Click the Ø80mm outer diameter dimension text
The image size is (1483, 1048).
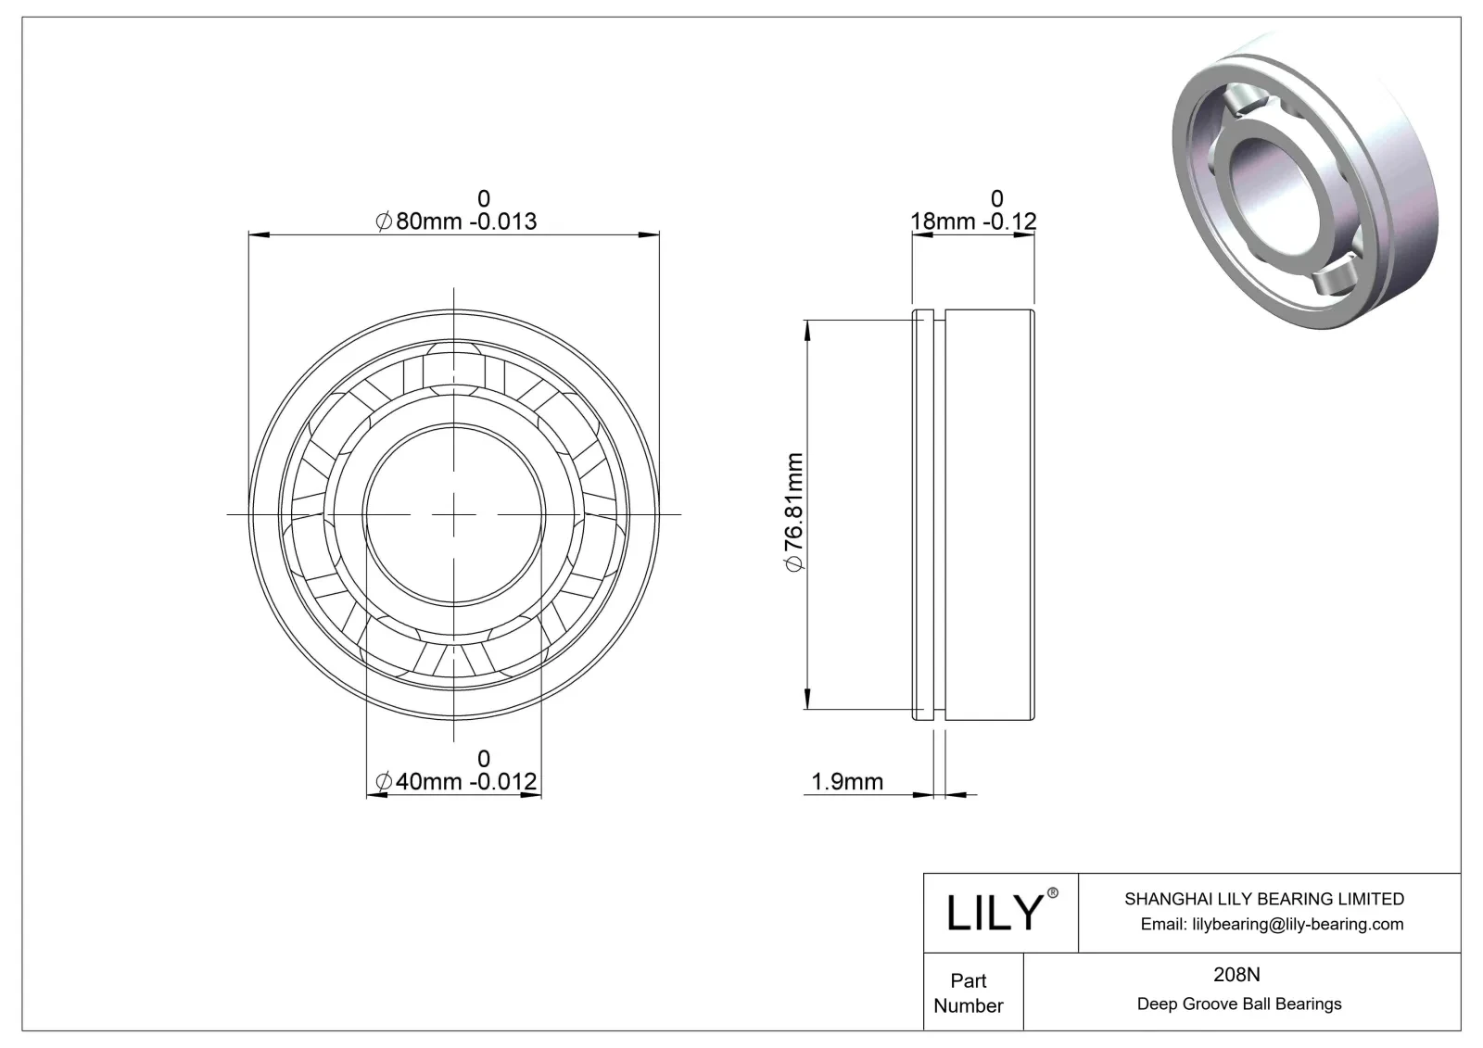455,221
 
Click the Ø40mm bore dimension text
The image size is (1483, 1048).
455,782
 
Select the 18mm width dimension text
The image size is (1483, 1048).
973,221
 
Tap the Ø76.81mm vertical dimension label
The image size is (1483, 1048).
793,513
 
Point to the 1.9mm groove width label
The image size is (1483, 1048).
847,782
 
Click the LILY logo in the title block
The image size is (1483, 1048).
995,913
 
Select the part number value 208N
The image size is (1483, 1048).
1237,975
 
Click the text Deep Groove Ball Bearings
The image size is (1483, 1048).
1238,1004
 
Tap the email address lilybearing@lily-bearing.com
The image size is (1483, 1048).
1272,924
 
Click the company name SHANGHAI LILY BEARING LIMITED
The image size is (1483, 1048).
1263,899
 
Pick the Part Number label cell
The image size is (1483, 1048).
969,992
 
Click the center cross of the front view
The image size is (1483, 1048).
454,513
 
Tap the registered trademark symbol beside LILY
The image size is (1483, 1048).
1052,893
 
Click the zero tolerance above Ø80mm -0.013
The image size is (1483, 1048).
483,198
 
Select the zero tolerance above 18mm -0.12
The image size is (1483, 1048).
996,198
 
